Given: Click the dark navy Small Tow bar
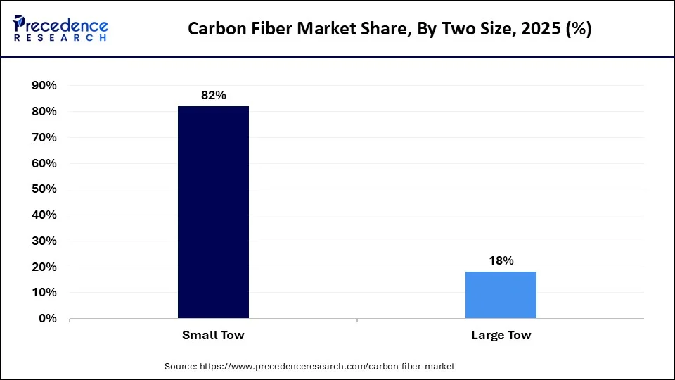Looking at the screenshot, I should pos(213,212).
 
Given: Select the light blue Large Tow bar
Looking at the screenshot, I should pos(501,295).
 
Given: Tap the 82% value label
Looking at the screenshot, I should pos(213,95).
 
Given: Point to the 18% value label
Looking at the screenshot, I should pos(501,260).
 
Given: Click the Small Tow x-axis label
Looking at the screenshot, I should pos(213,335).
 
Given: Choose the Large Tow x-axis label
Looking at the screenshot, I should pos(501,335).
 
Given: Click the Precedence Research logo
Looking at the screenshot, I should pos(60,28).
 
